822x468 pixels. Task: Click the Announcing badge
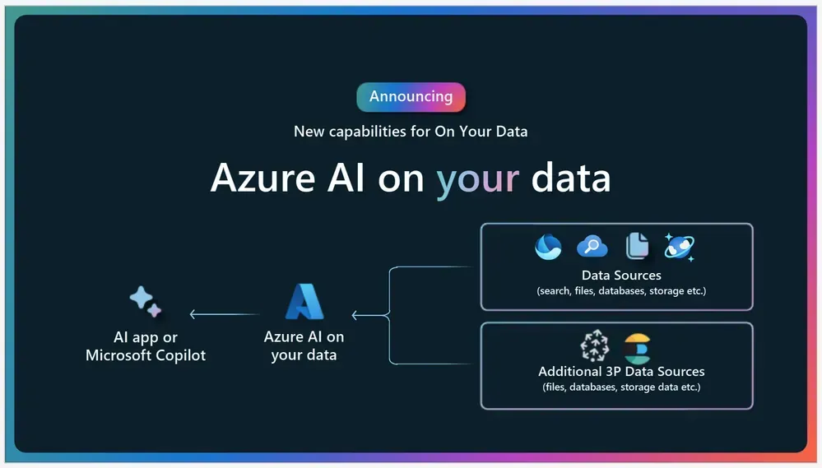[411, 97]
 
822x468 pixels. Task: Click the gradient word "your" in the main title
[477, 178]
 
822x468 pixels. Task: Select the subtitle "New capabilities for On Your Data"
[411, 131]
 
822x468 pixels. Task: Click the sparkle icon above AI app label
[145, 302]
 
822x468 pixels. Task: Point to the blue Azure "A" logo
[304, 301]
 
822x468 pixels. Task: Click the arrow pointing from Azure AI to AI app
[224, 314]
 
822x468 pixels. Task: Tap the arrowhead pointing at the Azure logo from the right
[355, 315]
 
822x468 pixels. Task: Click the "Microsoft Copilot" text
[146, 355]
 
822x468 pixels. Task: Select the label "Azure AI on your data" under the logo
[304, 346]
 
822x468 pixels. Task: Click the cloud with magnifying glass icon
[592, 246]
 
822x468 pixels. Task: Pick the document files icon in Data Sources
[637, 245]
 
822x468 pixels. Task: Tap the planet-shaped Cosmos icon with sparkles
[679, 246]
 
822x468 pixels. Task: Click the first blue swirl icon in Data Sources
[548, 246]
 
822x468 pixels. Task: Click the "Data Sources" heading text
[621, 275]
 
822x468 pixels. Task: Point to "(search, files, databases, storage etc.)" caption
[621, 291]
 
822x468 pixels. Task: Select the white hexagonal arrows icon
[594, 346]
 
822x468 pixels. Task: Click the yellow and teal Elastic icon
[637, 348]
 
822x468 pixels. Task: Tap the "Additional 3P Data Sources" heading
[621, 372]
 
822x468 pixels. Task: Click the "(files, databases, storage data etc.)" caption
[621, 387]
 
